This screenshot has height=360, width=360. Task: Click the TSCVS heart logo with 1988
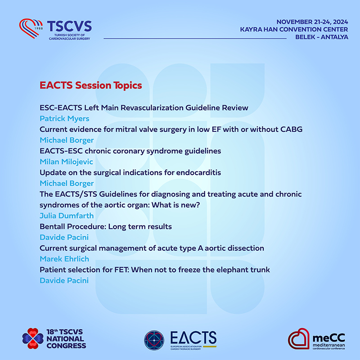point(31,28)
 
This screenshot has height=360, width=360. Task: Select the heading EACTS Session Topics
point(91,85)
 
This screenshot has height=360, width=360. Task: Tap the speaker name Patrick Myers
point(64,118)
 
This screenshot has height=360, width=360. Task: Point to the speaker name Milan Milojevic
point(66,162)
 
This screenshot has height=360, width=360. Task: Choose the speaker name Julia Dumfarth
point(67,216)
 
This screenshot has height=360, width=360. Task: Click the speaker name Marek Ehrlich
point(64,259)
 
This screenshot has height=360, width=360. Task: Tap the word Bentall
point(53,226)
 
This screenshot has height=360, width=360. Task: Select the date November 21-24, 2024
point(312,22)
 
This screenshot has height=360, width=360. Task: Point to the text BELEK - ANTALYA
point(322,37)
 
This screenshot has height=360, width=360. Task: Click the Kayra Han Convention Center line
point(294,29)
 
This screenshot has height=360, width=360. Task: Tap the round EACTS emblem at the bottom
point(154,340)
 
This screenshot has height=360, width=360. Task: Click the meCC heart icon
point(299,338)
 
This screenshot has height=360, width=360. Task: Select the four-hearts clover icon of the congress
point(33,338)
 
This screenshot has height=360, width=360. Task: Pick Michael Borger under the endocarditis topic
point(67,183)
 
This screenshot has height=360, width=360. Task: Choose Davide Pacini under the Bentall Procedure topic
point(64,237)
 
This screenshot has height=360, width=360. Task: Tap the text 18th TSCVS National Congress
point(66,339)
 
